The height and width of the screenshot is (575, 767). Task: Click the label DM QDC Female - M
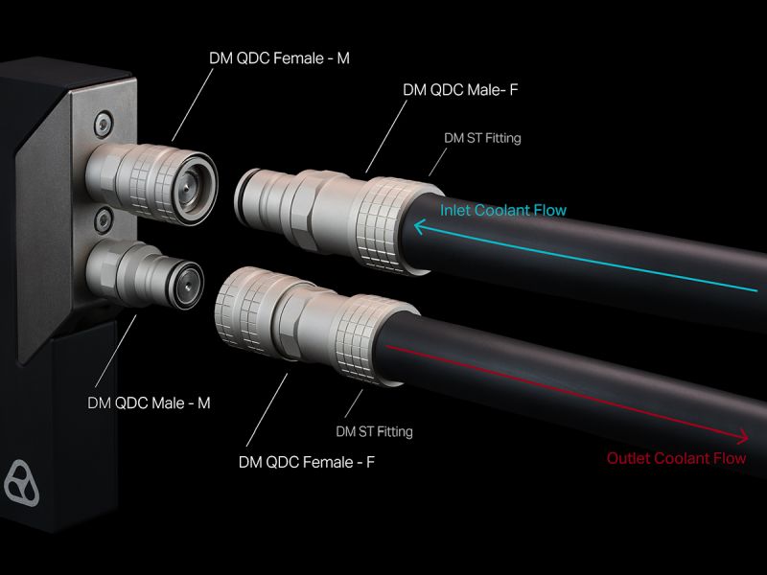(x=279, y=58)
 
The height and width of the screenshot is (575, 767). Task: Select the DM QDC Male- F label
(x=460, y=90)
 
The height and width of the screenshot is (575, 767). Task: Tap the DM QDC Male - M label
(x=149, y=402)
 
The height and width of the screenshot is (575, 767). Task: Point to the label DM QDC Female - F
(x=307, y=462)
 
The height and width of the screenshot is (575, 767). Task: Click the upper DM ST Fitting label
(x=482, y=138)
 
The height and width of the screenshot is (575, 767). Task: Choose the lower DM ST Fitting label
(x=374, y=432)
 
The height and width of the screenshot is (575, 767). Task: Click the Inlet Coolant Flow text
(x=503, y=210)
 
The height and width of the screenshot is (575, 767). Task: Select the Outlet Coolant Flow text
(x=677, y=458)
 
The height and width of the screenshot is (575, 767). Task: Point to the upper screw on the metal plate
(x=103, y=124)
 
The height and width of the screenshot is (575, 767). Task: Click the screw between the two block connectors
(x=104, y=220)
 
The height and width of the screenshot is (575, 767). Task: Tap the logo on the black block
(x=21, y=483)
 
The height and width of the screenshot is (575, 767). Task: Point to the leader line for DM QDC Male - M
(x=116, y=351)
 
